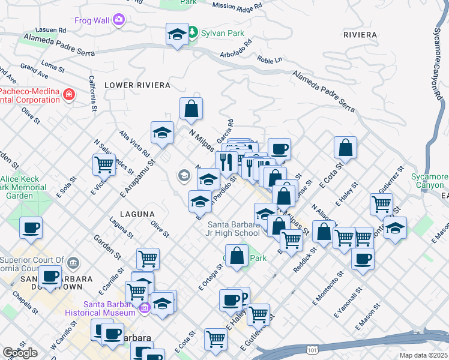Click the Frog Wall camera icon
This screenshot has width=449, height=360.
(x=119, y=20)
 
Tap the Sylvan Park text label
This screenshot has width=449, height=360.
(x=223, y=33)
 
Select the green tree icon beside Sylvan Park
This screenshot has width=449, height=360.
(x=192, y=32)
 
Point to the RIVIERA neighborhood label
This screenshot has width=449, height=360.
(x=360, y=35)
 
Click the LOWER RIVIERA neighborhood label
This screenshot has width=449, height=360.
(x=137, y=85)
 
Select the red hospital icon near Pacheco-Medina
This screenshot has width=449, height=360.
(x=69, y=94)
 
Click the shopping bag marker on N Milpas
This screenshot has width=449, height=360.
(x=191, y=109)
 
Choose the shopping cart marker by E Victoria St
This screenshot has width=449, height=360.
(x=104, y=164)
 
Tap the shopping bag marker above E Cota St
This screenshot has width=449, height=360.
(x=346, y=148)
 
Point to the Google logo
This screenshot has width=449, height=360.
(x=20, y=353)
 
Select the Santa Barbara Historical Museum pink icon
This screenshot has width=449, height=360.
(x=144, y=309)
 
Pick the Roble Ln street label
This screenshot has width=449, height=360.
(x=270, y=60)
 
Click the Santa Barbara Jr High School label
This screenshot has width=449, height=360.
(x=233, y=229)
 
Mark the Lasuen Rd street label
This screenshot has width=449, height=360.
(x=51, y=29)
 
